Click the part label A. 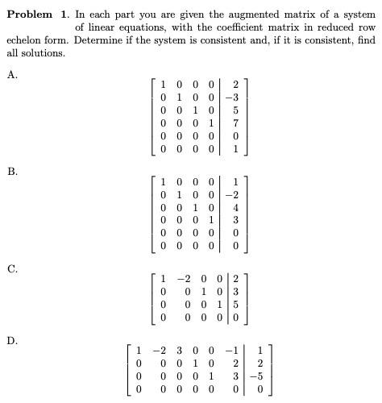tap(11, 74)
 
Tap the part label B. tap(11, 171)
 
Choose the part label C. tap(11, 268)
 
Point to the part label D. tap(11, 341)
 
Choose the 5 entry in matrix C tap(235, 305)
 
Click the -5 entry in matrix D tap(257, 376)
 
